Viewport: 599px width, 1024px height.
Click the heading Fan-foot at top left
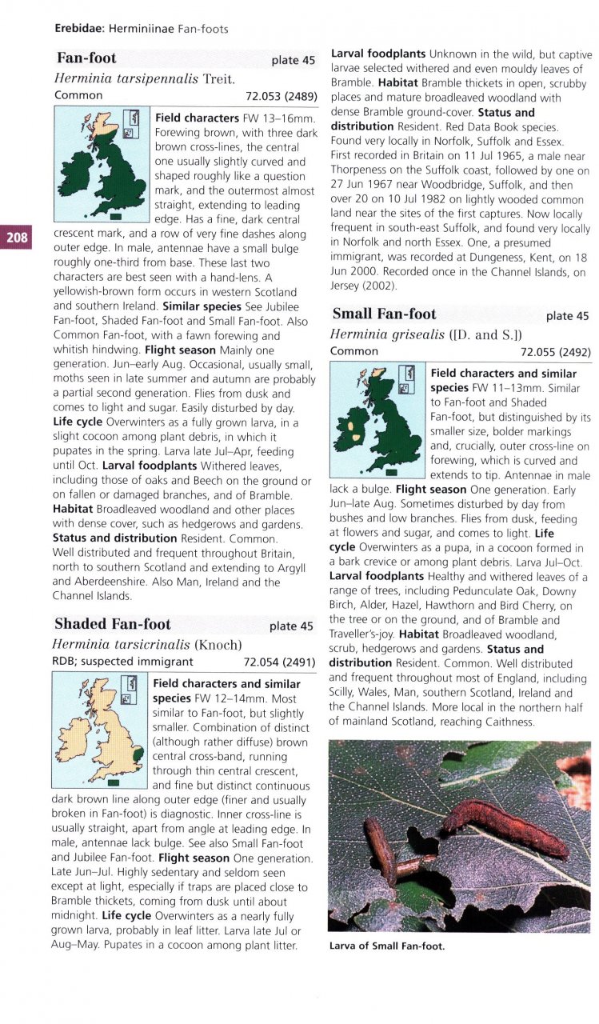pos(86,58)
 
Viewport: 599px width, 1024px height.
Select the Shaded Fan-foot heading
pos(112,624)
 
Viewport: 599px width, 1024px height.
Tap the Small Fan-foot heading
pos(385,314)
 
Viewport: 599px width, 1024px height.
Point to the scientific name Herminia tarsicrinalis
pos(121,644)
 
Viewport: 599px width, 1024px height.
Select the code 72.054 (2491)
pos(279,662)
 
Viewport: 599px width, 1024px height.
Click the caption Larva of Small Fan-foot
pos(386,946)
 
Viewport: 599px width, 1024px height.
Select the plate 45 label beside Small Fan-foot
pos(567,316)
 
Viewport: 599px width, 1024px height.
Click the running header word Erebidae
pos(79,29)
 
